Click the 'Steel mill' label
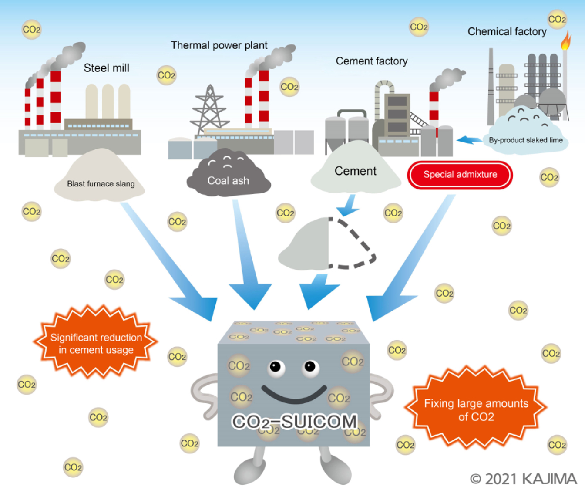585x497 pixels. (106, 68)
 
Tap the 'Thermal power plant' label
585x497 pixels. (219, 45)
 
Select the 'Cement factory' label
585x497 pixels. (371, 61)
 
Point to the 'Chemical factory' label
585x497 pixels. (507, 31)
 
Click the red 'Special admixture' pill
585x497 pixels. (460, 175)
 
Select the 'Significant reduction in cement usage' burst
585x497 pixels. (96, 343)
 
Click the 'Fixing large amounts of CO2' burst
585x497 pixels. (476, 409)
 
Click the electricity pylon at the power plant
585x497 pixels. (210, 109)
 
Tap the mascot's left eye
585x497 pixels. (276, 367)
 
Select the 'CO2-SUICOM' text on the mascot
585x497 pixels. (294, 422)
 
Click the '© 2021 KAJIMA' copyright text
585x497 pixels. (523, 479)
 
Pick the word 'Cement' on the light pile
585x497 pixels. (355, 171)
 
